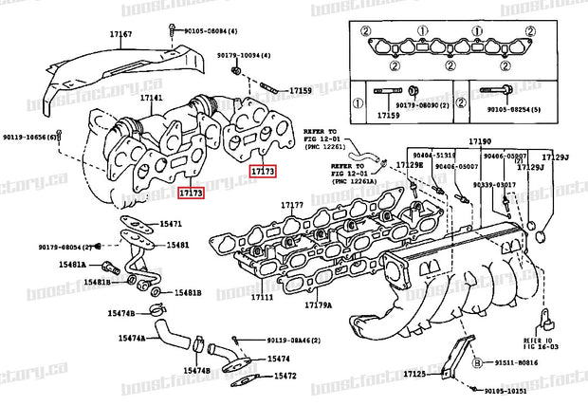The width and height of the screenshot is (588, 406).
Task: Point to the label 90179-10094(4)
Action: point(238,56)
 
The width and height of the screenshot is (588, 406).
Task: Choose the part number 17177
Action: point(291,205)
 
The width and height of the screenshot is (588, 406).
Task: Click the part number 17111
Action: point(263,297)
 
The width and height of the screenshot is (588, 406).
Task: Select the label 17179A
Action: point(318,304)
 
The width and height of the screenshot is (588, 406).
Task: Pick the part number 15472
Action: point(285,376)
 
